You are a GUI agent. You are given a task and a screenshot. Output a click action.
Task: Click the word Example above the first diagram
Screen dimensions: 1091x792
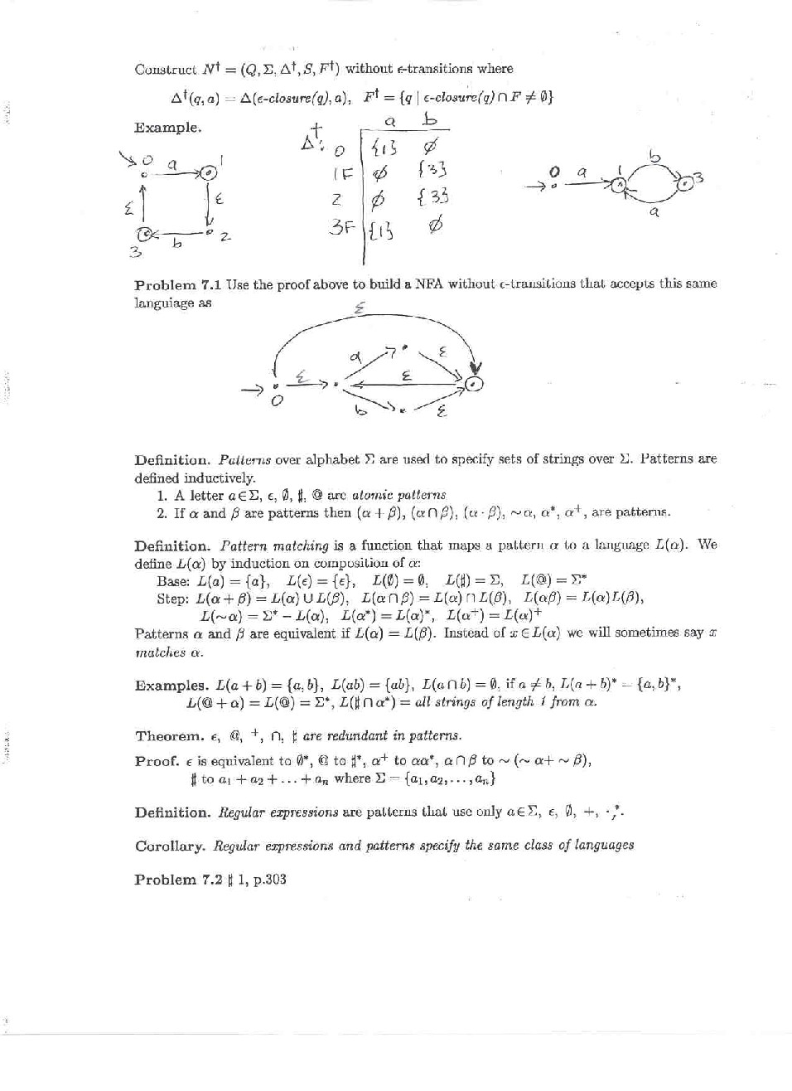(167, 128)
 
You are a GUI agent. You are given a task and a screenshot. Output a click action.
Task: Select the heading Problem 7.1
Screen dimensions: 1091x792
(178, 284)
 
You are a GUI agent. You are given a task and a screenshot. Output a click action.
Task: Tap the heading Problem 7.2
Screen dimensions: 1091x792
(178, 880)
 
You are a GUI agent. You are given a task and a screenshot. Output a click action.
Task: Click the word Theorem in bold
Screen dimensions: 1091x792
(169, 735)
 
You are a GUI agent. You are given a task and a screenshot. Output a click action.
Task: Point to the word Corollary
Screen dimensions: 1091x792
(170, 846)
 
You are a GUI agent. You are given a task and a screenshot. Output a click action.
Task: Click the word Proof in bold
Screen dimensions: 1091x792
(157, 760)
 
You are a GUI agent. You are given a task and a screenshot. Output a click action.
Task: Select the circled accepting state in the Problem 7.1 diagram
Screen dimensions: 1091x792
(474, 383)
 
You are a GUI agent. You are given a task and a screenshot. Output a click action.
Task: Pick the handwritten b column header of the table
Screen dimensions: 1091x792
(429, 121)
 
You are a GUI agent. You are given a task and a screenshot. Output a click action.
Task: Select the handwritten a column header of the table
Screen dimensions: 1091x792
(390, 122)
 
